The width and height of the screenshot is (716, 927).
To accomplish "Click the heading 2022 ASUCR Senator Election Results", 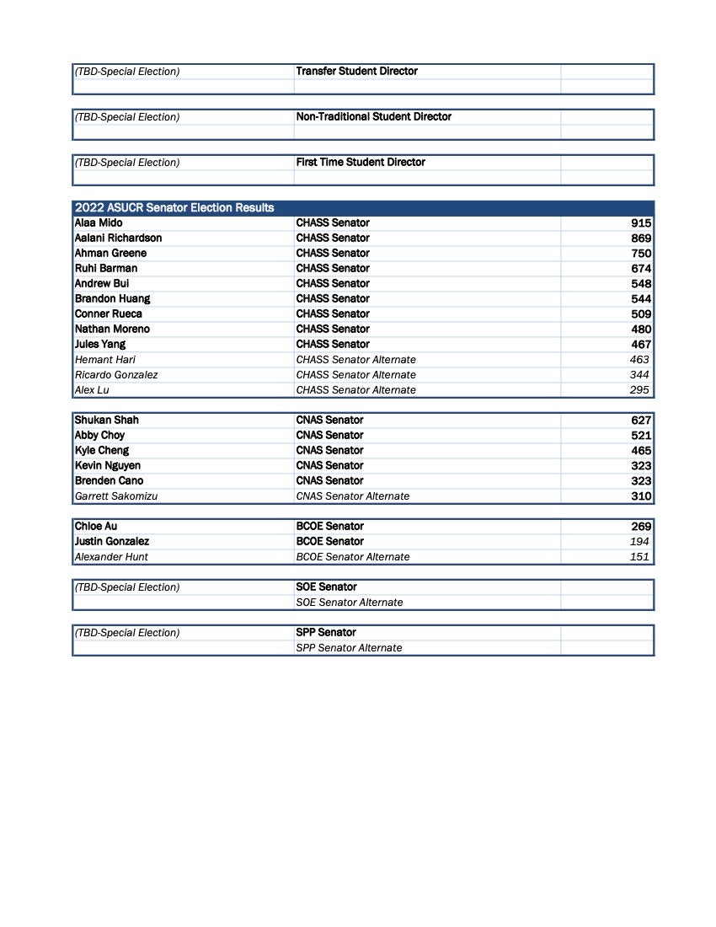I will [174, 207].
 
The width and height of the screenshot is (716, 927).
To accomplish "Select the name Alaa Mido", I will [99, 222].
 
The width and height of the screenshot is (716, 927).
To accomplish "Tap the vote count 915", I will [640, 223].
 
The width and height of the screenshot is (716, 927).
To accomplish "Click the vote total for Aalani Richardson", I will [640, 238].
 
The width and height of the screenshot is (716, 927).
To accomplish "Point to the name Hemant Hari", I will [105, 359].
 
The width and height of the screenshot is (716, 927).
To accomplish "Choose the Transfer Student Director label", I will [356, 71].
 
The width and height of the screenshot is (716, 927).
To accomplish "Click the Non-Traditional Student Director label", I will [373, 116].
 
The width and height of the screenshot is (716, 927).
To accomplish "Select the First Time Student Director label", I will [361, 162].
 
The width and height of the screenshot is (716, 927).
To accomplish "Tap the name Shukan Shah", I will [107, 420].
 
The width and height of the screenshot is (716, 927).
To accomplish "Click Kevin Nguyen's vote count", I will [640, 466].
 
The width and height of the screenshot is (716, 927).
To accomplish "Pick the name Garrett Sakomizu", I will [116, 496].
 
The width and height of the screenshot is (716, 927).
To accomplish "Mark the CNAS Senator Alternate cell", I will [352, 496].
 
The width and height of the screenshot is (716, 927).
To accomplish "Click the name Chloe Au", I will [96, 526].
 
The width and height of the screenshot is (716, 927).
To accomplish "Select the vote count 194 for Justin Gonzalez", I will [639, 541].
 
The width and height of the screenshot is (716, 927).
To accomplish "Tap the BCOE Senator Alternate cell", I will [352, 556].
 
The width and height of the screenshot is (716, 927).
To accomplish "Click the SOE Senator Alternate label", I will [349, 602].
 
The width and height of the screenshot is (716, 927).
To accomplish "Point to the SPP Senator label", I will [326, 632].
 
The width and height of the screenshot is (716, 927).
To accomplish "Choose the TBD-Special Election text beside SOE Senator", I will [127, 587].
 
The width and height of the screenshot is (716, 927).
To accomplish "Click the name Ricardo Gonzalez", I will [116, 374].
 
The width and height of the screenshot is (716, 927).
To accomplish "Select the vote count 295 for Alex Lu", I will [639, 389].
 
